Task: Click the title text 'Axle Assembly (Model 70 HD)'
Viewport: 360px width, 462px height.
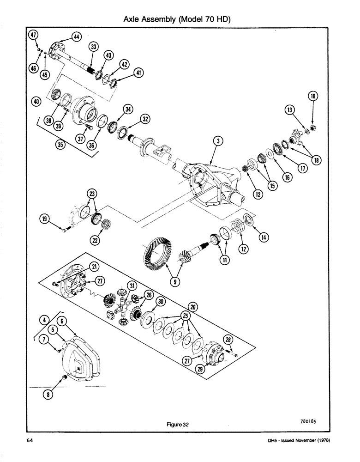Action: point(178,19)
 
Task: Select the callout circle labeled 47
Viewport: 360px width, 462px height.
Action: point(33,35)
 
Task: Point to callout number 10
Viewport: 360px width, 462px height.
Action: point(313,97)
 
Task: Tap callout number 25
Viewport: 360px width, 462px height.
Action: point(186,316)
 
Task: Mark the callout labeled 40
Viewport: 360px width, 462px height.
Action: point(36,101)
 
